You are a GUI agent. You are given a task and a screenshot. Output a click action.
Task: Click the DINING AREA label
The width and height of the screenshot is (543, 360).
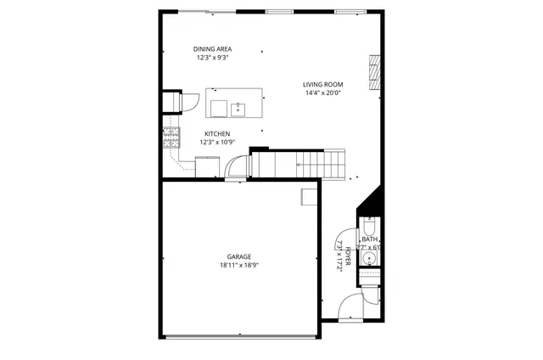(x=213, y=49)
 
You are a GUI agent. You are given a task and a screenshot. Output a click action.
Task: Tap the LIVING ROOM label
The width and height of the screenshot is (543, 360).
(x=323, y=84)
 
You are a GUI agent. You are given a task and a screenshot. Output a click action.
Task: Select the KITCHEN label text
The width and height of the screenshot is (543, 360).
(x=217, y=134)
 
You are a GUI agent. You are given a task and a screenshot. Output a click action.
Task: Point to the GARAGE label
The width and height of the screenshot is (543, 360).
(x=238, y=256)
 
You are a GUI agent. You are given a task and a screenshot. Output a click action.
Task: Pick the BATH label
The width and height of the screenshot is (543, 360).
(x=370, y=239)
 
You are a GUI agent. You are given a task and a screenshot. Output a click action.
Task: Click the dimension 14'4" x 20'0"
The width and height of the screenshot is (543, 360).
(x=323, y=93)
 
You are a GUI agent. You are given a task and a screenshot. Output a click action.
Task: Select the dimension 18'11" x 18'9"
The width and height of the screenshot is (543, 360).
(x=238, y=265)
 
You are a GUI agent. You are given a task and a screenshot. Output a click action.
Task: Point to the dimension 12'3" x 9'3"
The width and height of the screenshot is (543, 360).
(x=213, y=58)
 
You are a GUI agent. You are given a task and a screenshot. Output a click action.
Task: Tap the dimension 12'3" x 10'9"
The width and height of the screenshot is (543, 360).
(x=217, y=143)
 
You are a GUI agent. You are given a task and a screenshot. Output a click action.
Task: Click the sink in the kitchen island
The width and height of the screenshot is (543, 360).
(x=238, y=108)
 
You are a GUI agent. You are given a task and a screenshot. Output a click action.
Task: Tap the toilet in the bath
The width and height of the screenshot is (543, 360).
(x=370, y=227)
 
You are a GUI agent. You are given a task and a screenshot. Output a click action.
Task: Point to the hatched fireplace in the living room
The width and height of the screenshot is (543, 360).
(x=374, y=73)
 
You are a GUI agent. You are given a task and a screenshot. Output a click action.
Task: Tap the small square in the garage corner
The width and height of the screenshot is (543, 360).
(x=310, y=197)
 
